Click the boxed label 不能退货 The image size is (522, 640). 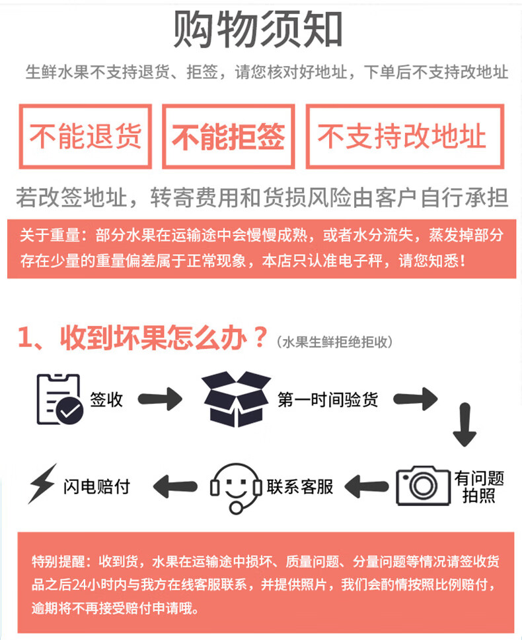pyautogui.click(x=86, y=137)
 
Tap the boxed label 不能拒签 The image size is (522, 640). pyautogui.click(x=229, y=137)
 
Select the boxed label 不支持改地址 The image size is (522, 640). pyautogui.click(x=404, y=137)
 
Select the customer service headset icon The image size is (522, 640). pyautogui.click(x=235, y=488)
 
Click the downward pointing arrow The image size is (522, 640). pyautogui.click(x=465, y=430)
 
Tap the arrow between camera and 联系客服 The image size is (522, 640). pyautogui.click(x=367, y=488)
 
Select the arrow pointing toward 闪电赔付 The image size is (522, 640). pyautogui.click(x=174, y=487)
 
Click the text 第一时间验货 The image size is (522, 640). pyautogui.click(x=328, y=399)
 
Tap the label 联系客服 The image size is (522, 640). pyautogui.click(x=300, y=487)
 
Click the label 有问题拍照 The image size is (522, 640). pyautogui.click(x=479, y=487)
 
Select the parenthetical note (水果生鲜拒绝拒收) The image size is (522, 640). pyautogui.click(x=335, y=342)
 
